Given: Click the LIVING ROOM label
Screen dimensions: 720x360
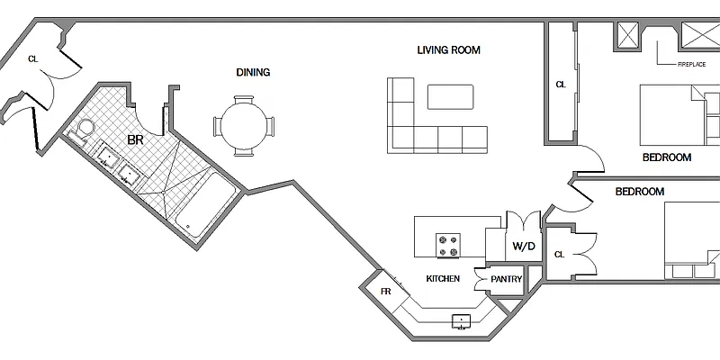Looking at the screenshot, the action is click(x=448, y=49).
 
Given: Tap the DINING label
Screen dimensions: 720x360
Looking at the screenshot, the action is click(x=253, y=72).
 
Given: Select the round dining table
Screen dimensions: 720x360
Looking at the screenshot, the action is click(x=243, y=126).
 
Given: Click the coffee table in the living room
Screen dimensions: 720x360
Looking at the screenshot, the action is click(x=450, y=97).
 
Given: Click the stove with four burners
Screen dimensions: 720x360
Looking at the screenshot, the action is click(x=448, y=246).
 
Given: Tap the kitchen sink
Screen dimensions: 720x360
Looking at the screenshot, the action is click(x=461, y=321).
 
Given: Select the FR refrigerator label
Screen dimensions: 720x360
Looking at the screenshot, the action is click(x=386, y=291).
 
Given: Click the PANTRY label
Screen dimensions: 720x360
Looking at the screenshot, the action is click(x=506, y=279).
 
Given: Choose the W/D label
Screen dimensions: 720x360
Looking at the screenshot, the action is click(x=524, y=246).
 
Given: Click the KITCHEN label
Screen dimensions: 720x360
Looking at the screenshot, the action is click(x=443, y=278).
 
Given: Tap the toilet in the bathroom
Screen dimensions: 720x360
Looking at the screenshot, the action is click(x=81, y=130).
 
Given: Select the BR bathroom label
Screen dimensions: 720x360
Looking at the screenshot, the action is click(x=135, y=140).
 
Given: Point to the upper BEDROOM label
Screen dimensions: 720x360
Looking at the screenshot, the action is click(x=667, y=157).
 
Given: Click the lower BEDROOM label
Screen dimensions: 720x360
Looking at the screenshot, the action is click(x=640, y=192).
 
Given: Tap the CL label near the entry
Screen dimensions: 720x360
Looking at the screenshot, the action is click(x=33, y=58).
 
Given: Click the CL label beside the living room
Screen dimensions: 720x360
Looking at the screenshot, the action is click(x=561, y=85).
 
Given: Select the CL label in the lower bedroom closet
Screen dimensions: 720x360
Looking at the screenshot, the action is click(x=559, y=255).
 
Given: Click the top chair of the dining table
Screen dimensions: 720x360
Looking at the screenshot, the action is click(x=243, y=100).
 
